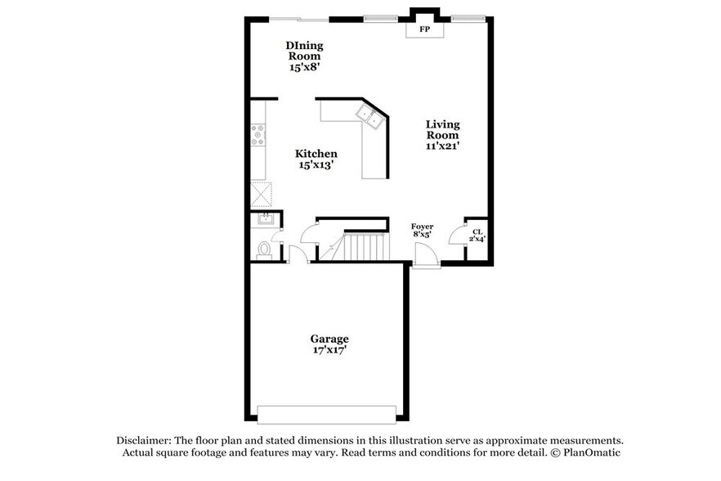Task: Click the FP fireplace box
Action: (425, 29)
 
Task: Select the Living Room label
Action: (442, 130)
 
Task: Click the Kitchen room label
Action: (316, 154)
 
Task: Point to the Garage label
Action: (329, 339)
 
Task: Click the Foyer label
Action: (422, 227)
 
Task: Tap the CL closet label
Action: (476, 232)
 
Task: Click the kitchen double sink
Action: (372, 116)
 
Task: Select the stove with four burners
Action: (259, 134)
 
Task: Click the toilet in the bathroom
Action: (264, 249)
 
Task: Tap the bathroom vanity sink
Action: (265, 219)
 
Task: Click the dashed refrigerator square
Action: (261, 195)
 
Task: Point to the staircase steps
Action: (363, 246)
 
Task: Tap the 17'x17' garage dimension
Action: (329, 351)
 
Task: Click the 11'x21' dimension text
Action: (442, 146)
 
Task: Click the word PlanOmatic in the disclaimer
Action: (591, 452)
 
